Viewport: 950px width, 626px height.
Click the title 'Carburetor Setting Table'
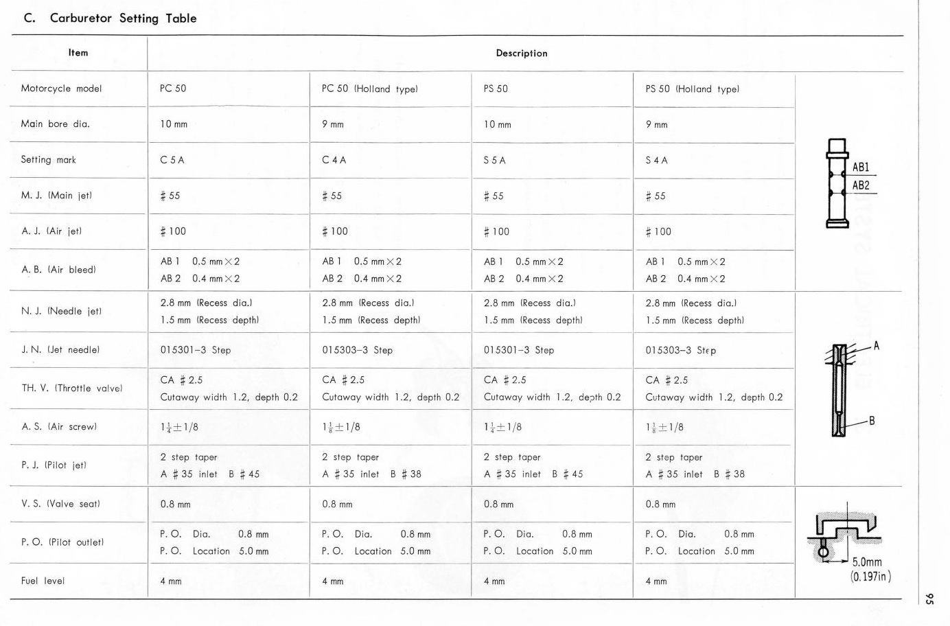click(123, 19)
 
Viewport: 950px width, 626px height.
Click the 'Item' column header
click(78, 53)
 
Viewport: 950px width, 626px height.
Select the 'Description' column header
click(522, 54)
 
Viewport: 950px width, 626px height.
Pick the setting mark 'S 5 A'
click(494, 160)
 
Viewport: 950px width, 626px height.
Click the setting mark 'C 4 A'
click(334, 160)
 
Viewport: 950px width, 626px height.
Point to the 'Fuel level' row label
click(43, 581)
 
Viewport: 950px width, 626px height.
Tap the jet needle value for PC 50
click(196, 350)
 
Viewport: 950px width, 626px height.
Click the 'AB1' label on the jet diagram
click(861, 167)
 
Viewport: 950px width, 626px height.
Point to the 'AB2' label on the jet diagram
click(861, 185)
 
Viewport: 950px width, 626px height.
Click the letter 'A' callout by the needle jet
click(877, 346)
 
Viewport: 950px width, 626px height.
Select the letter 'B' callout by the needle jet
click(872, 421)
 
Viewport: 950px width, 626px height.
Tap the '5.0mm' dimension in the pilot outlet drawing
click(867, 562)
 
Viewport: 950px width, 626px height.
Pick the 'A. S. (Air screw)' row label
click(59, 427)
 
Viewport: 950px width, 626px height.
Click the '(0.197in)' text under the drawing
click(870, 577)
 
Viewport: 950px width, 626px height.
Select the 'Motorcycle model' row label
click(61, 89)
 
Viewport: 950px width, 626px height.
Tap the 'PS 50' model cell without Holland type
click(496, 89)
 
